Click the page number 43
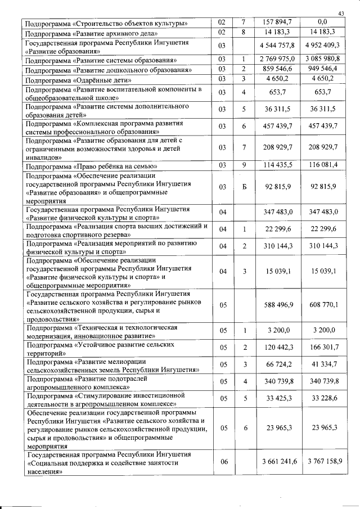pos(341,13)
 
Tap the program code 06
pos(223,462)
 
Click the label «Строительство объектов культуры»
pos(106,24)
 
